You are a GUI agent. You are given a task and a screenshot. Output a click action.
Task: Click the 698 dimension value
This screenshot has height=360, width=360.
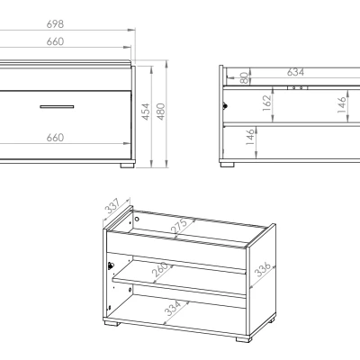coord(55,24)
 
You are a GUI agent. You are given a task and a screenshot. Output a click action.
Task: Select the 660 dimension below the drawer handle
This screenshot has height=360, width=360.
coord(55,138)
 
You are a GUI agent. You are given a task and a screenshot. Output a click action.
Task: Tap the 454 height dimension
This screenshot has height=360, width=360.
coord(146,112)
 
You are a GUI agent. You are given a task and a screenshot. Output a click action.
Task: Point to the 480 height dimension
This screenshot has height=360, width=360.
coord(161,112)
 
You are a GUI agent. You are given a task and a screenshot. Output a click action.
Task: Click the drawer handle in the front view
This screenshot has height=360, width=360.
coord(57,106)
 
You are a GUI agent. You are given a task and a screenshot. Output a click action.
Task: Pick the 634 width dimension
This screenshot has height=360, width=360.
coord(295,72)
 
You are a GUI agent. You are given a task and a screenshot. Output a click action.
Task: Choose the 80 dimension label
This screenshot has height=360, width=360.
coord(245,77)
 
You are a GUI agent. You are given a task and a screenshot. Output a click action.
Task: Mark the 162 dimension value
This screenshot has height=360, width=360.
coord(266,103)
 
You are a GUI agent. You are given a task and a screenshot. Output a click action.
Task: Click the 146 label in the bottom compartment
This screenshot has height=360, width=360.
coord(250,137)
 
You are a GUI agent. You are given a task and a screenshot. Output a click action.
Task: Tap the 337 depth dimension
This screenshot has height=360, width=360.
coord(112,206)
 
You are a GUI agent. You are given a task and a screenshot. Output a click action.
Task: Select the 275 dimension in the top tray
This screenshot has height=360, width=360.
coord(179,226)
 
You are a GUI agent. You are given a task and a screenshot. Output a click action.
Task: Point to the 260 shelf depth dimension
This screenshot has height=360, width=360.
coord(159,270)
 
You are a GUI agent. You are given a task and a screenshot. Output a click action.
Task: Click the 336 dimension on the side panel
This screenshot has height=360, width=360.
coord(263,269)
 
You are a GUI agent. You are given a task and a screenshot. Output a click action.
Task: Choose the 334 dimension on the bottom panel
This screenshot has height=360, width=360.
coord(173,308)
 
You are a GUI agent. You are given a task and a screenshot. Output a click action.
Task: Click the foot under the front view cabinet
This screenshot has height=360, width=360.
coord(128,166)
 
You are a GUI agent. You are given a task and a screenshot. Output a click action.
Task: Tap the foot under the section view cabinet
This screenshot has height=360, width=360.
coord(227,165)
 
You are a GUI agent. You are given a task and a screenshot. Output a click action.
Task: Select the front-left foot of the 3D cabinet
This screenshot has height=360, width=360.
coord(112,323)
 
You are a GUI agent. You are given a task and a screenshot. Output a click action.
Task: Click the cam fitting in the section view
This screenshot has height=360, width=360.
coord(225,106)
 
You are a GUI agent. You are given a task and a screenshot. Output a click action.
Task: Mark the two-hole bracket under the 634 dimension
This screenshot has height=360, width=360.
coord(297,88)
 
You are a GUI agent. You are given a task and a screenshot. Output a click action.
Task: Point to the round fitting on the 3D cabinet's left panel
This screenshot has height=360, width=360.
coord(111,265)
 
